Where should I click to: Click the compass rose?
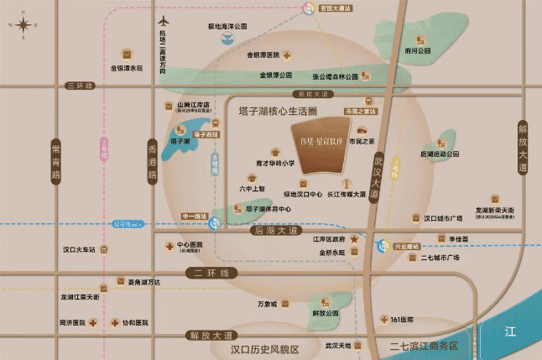[23, 23]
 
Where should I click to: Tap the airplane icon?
[162, 19]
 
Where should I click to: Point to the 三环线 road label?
[81, 86]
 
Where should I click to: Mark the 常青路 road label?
[56, 160]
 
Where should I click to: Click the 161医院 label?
[402, 320]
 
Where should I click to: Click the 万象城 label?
[267, 305]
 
